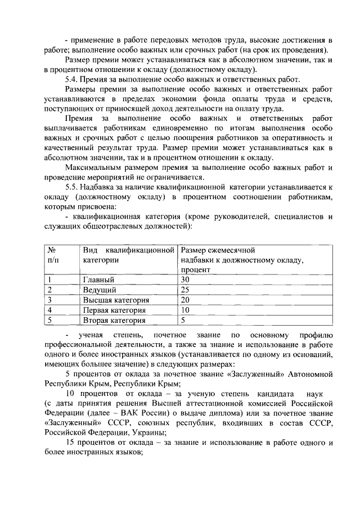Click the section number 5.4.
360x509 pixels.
73,79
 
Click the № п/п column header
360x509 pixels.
52,254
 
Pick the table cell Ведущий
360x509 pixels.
100,290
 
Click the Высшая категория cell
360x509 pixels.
116,300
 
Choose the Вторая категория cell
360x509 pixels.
114,320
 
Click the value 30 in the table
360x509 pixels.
185,280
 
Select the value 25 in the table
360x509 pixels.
185,290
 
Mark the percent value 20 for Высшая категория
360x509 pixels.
185,300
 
